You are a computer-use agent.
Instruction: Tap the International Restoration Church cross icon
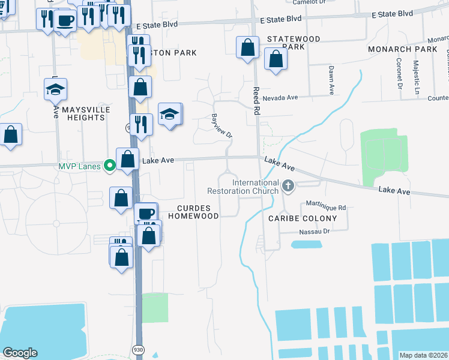288,187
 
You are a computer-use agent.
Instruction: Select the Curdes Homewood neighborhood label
197,211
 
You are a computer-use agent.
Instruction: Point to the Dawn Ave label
331,80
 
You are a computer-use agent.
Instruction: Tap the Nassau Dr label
315,230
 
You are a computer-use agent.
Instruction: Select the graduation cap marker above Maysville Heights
55,90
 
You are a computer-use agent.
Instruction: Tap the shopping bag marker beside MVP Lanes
127,160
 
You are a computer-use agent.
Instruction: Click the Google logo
20,353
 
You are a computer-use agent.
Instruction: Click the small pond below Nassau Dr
306,244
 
